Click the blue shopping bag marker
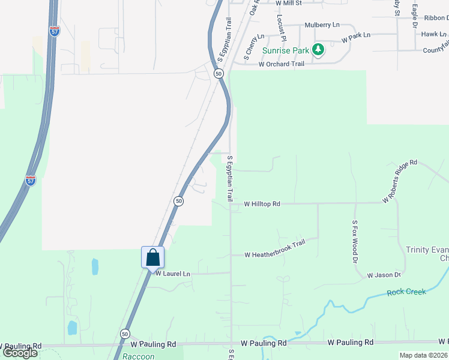[x=153, y=257]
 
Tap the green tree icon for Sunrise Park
[x=318, y=50]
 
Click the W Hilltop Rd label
[x=262, y=204]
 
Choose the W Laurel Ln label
[x=172, y=274]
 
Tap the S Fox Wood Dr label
[x=355, y=242]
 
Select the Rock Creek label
[x=406, y=292]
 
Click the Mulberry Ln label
[x=322, y=25]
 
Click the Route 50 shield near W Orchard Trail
[x=218, y=73]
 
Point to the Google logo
[x=19, y=352]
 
